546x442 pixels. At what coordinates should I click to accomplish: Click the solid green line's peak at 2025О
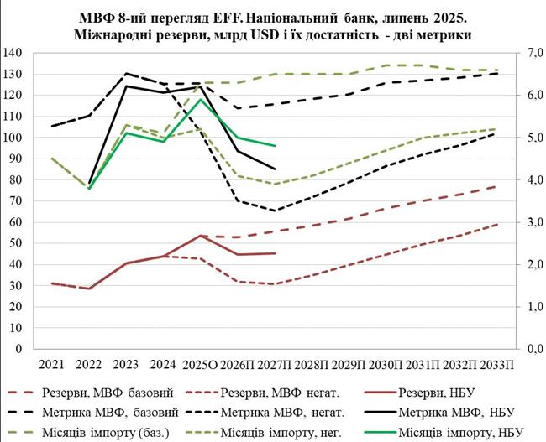click(199, 99)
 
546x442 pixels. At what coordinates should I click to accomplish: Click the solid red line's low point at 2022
click(88, 289)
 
